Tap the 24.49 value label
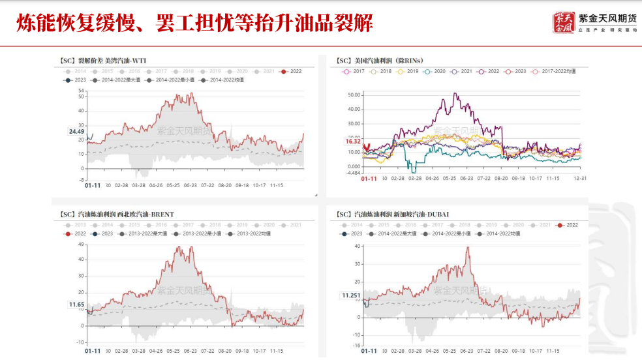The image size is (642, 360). pos(76,132)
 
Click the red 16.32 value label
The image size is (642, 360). pos(353,141)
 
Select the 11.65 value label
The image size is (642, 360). pos(76,305)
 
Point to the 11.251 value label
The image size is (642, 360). pos(351,295)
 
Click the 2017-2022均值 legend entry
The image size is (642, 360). pos(554,71)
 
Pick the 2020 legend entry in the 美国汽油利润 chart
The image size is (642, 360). pos(435,71)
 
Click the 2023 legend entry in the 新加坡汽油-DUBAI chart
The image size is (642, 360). pos(352,233)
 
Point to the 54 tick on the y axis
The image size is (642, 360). pos(82,91)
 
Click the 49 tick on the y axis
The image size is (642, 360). pos(82,244)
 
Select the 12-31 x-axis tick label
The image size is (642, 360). pos(579,178)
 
